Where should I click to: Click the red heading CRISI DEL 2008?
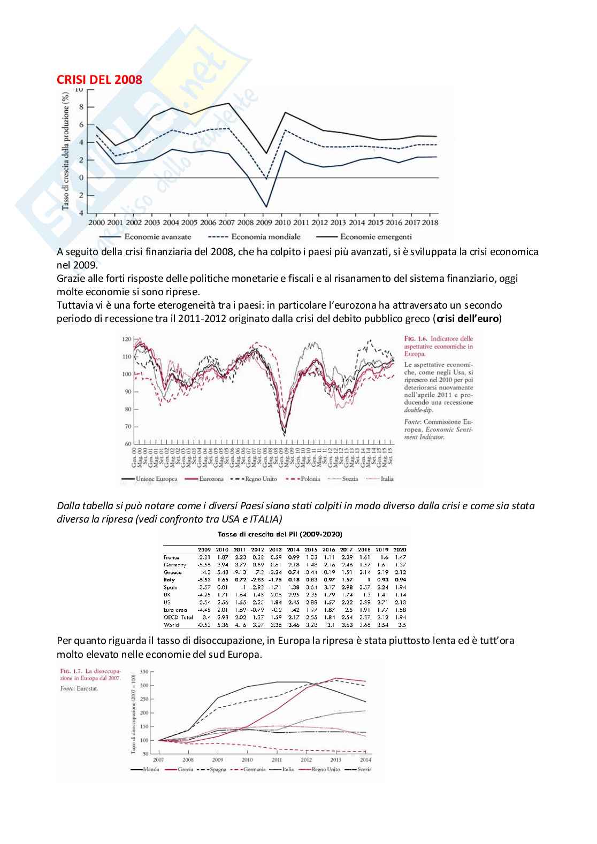[x=99, y=80]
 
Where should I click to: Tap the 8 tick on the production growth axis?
[x=81, y=107]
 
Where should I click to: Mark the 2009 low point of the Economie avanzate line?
[x=266, y=206]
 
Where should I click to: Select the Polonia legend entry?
[x=308, y=479]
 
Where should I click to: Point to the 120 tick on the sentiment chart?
[x=127, y=339]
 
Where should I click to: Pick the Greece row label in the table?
[x=172, y=572]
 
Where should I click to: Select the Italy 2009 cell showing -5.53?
[x=205, y=580]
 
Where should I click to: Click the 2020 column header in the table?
[x=399, y=549]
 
